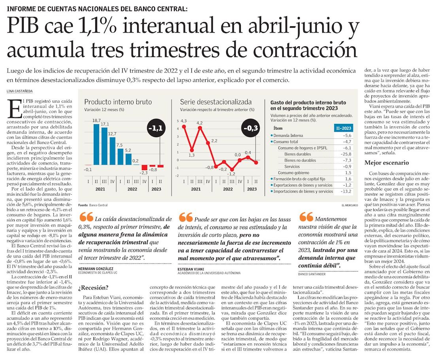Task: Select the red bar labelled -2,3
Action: tap(144, 168)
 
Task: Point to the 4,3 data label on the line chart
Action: tap(183, 121)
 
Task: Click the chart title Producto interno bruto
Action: tap(118, 102)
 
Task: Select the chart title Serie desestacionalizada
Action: tap(216, 102)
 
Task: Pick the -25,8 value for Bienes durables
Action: tap(344, 154)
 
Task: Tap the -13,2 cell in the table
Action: tap(344, 191)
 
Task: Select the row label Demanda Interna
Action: tap(288, 135)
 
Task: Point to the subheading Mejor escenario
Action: tap(386, 163)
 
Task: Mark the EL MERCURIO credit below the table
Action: tap(350, 205)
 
